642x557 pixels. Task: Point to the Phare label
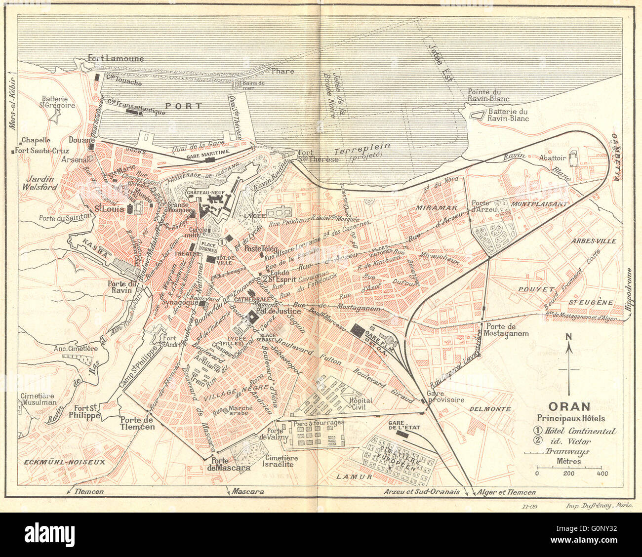282,71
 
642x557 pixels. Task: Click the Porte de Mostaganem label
507,329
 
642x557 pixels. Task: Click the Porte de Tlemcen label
137,423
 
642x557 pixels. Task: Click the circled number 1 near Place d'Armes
222,242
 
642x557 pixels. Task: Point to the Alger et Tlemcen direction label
505,492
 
